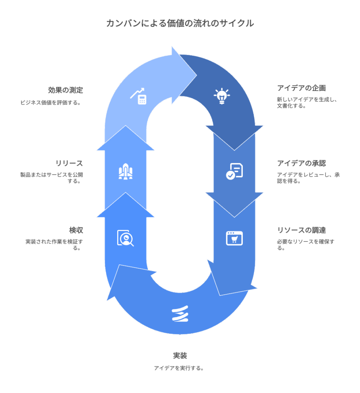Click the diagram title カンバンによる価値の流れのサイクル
(x=180, y=23)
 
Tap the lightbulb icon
(x=221, y=96)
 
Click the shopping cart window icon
(x=234, y=238)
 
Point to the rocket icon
(x=126, y=172)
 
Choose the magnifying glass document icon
(x=125, y=238)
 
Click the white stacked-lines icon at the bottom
(x=180, y=314)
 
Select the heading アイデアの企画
(x=301, y=88)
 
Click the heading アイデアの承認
(x=301, y=163)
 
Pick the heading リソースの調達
(x=301, y=230)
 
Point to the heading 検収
(x=76, y=230)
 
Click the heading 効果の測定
(x=65, y=91)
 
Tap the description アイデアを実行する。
(x=179, y=368)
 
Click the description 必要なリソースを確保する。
(x=305, y=244)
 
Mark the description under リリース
(x=51, y=178)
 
